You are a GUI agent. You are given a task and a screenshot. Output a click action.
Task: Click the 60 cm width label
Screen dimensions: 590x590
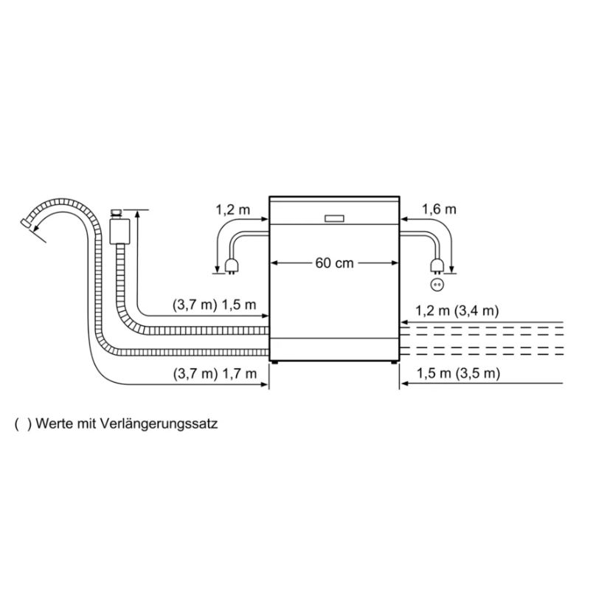point(335,263)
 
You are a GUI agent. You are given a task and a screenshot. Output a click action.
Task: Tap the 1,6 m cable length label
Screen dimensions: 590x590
point(439,209)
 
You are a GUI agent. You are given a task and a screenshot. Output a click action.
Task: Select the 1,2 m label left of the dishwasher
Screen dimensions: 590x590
point(232,209)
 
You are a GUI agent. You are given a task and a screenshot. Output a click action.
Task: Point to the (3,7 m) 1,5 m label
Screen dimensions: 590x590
point(214,305)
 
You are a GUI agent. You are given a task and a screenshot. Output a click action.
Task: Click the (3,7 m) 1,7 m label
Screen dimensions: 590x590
point(215,374)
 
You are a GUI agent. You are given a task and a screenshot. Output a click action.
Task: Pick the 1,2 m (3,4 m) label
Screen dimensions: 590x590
point(457,310)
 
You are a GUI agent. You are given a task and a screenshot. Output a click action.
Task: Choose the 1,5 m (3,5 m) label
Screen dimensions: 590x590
point(458,373)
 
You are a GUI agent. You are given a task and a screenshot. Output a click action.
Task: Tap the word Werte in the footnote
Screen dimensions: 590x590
point(54,423)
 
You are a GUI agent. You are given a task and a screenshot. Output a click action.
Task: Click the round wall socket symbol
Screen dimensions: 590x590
point(437,285)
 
